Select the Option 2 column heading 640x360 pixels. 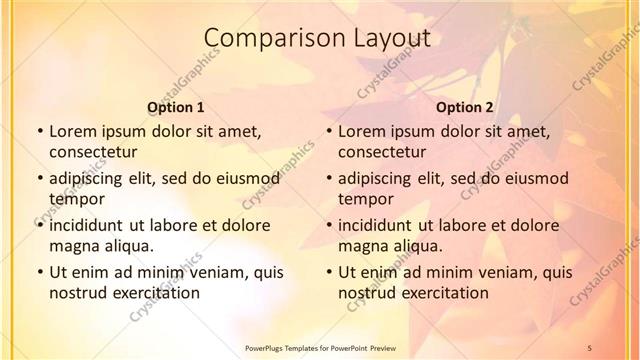point(464,106)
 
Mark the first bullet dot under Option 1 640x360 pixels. point(39,131)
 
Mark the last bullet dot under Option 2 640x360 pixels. point(328,272)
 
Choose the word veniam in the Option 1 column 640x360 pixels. point(208,271)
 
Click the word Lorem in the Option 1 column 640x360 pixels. point(71,130)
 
